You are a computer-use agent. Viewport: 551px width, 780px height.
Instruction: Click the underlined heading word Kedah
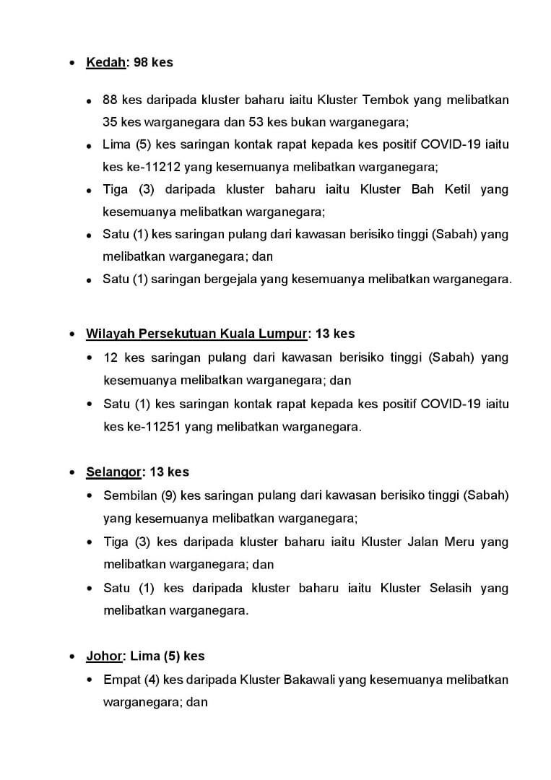(x=105, y=63)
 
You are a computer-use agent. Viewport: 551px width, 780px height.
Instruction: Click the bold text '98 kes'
(x=153, y=63)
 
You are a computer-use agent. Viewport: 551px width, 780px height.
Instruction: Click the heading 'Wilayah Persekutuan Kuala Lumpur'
(x=196, y=334)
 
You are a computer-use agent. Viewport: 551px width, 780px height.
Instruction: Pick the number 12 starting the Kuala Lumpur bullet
(x=110, y=357)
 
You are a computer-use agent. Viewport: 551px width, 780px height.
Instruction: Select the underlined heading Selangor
(x=113, y=472)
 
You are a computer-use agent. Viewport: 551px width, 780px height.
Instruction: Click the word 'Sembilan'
(x=129, y=495)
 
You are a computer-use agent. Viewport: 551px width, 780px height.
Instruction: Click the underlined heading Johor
(x=104, y=656)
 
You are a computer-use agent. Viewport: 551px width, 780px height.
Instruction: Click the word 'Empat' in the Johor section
(x=121, y=680)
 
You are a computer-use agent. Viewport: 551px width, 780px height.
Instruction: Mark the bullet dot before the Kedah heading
(x=72, y=64)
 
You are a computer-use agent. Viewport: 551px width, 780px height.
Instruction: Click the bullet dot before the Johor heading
(x=72, y=657)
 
